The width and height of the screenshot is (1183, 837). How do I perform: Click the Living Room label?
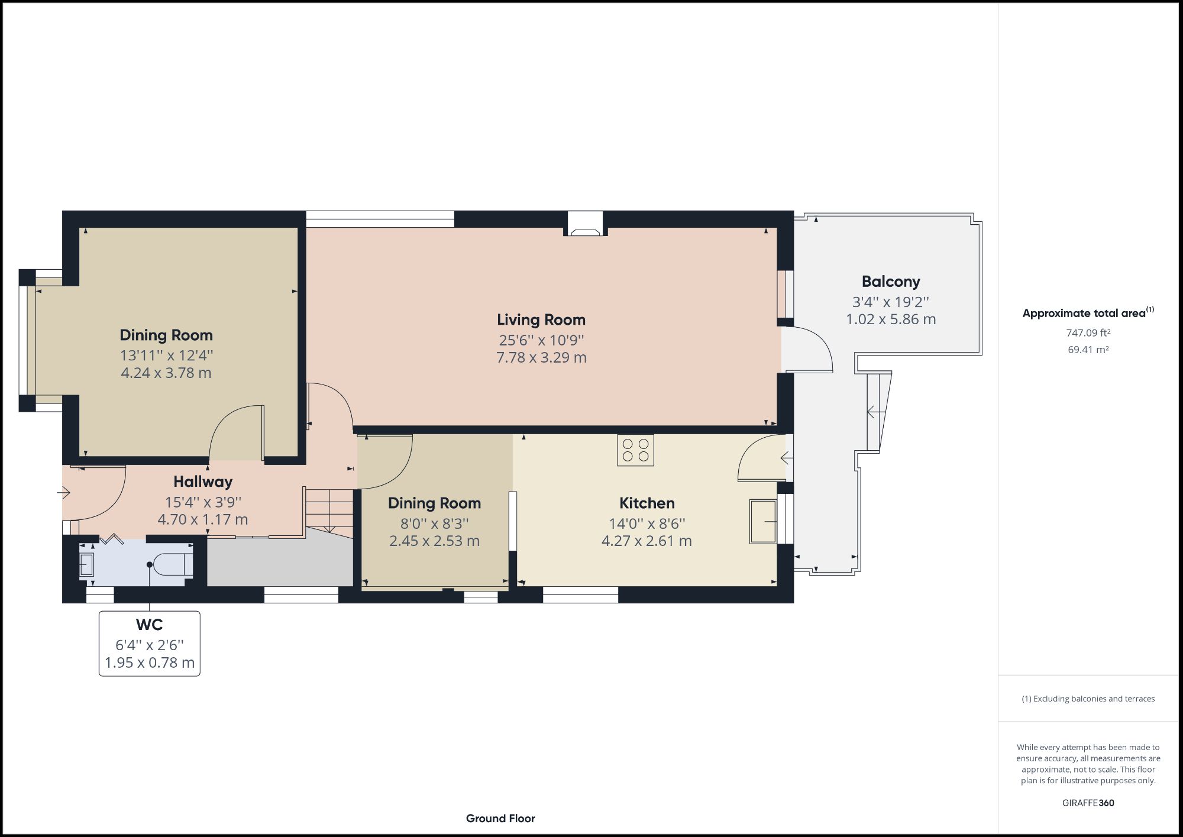point(541,320)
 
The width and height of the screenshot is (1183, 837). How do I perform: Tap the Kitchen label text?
point(647,503)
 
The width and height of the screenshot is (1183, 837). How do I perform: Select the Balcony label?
point(890,282)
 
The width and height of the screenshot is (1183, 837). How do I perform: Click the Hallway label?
point(203,481)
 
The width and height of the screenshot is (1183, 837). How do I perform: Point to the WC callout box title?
point(149,625)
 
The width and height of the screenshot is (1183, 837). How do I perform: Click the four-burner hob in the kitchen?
point(635,450)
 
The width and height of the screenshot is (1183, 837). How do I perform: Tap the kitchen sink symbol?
point(763,521)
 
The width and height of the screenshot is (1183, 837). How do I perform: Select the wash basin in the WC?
point(86,565)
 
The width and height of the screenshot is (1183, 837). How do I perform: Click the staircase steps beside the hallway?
point(329,510)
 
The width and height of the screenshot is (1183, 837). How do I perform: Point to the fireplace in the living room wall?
point(585,225)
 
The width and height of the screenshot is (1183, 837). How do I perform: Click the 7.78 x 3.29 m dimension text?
point(541,357)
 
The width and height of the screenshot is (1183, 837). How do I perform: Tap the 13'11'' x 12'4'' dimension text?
point(166,356)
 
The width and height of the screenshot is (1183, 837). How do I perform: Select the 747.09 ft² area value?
point(1088,333)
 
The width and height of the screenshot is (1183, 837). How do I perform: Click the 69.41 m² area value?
point(1088,350)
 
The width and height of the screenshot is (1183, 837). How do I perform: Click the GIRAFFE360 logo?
point(1088,803)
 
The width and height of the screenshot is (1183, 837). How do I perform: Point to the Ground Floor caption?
point(500,819)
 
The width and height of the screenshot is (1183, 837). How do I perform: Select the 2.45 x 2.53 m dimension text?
point(434,541)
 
